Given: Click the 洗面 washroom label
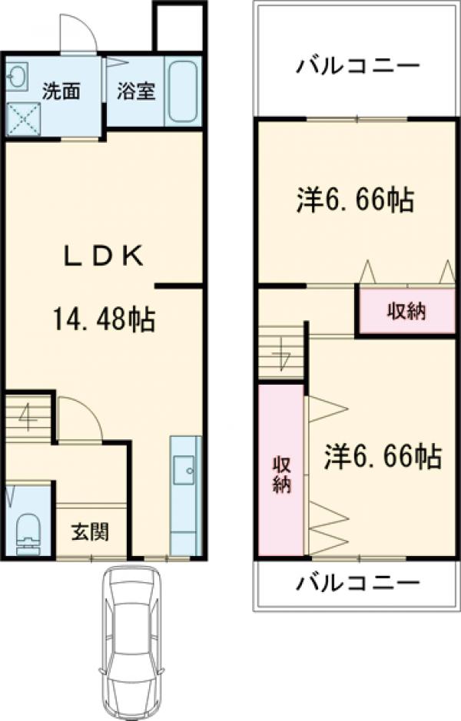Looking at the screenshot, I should pos(61,91).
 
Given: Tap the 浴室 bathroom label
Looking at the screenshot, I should pos(136,91).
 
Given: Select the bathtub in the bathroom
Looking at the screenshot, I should pos(183,94).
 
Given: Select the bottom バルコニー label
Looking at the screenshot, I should pos(358,584).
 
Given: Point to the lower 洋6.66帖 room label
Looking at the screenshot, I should pos(382,458).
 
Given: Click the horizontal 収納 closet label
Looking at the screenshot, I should pos(406,311).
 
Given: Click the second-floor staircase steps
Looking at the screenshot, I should pos(281,352).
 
